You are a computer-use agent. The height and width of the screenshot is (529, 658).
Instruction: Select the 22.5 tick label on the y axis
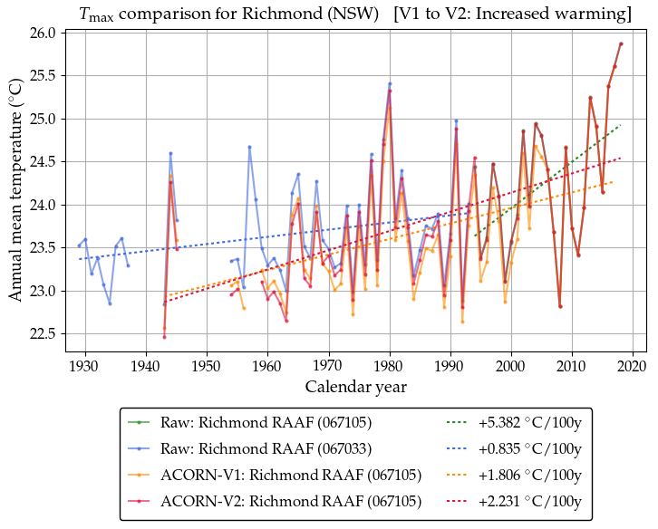pos(45,334)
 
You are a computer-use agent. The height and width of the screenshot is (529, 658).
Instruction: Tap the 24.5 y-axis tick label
pos(45,162)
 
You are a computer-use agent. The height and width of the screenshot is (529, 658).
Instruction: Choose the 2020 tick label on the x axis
pos(634,366)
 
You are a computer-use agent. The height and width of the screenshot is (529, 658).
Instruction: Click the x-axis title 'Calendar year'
pos(356,388)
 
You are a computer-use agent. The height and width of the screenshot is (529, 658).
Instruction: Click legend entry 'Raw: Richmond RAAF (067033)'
pos(266,448)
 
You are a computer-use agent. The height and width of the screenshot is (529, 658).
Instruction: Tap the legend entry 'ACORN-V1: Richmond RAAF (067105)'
pos(266,475)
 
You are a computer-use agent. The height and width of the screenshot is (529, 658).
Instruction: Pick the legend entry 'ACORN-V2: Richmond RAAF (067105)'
pos(266,501)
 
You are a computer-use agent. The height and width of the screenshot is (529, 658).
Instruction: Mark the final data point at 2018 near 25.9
pos(621,43)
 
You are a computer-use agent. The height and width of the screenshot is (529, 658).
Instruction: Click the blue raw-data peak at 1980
pos(390,83)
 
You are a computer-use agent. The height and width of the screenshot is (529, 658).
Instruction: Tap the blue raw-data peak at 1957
pos(249,147)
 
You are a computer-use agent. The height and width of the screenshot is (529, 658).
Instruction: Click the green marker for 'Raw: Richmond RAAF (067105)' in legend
pos(142,422)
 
